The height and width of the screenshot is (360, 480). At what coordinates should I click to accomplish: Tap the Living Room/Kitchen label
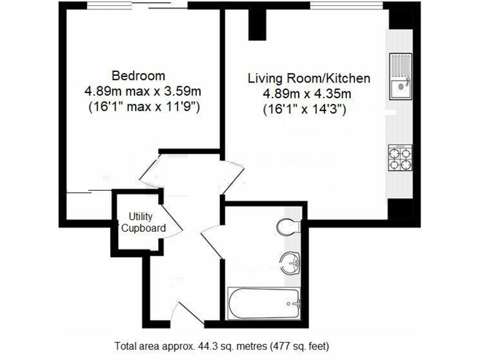pyautogui.click(x=309, y=79)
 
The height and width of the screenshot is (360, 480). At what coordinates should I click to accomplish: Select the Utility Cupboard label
pyautogui.click(x=143, y=222)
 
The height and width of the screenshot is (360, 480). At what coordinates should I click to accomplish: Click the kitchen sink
pyautogui.click(x=399, y=76)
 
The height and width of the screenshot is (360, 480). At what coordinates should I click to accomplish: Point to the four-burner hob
pyautogui.click(x=400, y=158)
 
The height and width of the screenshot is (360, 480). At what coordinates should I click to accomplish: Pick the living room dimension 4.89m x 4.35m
pyautogui.click(x=309, y=94)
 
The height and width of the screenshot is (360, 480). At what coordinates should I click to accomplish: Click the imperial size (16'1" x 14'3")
pyautogui.click(x=305, y=109)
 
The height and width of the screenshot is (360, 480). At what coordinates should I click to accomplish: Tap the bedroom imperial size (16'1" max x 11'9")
pyautogui.click(x=143, y=106)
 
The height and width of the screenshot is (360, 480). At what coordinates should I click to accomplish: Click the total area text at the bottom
pyautogui.click(x=221, y=345)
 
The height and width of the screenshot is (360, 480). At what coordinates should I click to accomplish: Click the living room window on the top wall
pyautogui.click(x=347, y=6)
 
